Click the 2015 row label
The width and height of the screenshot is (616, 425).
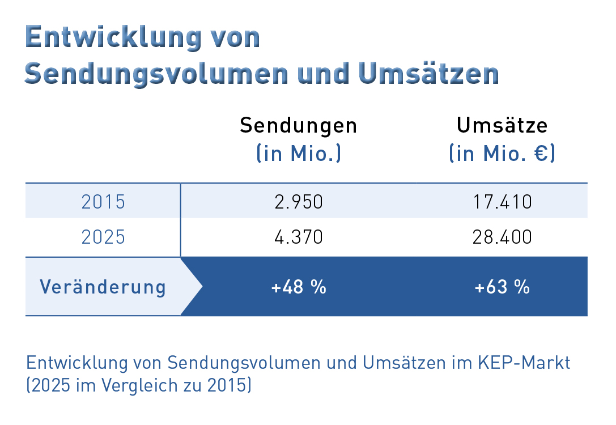[103, 202]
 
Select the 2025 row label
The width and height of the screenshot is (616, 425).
[103, 237]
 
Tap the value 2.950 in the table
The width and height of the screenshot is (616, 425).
[299, 202]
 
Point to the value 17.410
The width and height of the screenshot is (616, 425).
[502, 202]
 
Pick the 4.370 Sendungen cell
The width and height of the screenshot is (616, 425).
[299, 237]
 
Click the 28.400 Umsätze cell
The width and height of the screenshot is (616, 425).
[502, 237]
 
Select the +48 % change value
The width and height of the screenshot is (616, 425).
[299, 287]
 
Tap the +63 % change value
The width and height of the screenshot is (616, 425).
[502, 287]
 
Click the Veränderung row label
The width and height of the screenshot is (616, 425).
[103, 287]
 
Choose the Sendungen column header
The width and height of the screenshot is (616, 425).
[299, 126]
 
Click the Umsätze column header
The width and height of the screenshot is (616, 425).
[502, 125]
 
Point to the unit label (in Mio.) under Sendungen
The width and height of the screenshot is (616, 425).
[299, 153]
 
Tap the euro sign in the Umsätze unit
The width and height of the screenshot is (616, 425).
[541, 153]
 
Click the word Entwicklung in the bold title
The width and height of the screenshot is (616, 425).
[113, 38]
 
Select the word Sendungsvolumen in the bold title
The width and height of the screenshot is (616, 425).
[156, 74]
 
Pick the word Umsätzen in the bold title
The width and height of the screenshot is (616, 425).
[428, 73]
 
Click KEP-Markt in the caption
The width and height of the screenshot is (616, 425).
[524, 363]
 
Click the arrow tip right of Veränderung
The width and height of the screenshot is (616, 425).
[202, 286]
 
